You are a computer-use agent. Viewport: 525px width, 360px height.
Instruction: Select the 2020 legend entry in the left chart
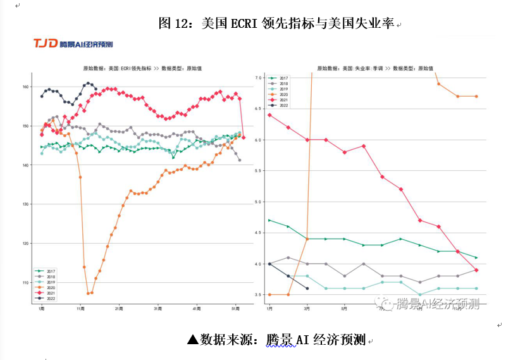coord(48,287)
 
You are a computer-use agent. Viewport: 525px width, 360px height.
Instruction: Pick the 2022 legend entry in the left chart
coord(48,297)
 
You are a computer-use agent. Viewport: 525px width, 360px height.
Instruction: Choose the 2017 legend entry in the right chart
coord(279,78)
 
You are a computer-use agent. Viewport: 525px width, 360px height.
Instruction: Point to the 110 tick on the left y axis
coord(27,283)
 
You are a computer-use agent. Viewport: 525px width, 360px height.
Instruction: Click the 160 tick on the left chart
coord(27,87)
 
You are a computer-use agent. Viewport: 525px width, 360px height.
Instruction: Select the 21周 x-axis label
coord(119,309)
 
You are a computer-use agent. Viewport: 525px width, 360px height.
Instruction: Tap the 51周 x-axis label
coord(235,309)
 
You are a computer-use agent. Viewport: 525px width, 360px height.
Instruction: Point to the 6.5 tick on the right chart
coord(257,109)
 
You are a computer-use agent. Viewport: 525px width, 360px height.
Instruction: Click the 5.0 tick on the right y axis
coord(257,202)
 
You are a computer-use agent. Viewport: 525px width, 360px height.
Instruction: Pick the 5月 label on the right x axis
coord(344,309)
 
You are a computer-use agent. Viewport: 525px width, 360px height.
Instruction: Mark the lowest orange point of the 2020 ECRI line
coord(89,293)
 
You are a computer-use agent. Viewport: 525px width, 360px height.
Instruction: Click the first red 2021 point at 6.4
coord(269,115)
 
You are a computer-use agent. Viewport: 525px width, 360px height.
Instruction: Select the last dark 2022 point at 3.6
coord(307,289)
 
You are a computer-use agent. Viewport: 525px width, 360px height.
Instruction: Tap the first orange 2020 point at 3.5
coord(269,294)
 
